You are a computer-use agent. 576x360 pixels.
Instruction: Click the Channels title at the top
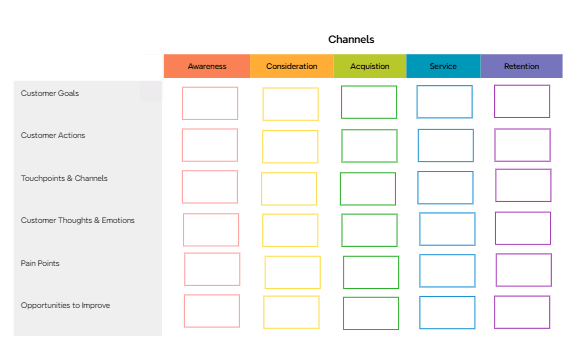coord(351,40)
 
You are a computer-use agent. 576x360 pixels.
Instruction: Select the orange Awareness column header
coord(207,66)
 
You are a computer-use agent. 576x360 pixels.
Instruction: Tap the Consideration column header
coord(291,66)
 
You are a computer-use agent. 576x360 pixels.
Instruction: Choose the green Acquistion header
coord(370,66)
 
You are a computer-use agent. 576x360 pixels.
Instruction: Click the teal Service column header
coord(443,66)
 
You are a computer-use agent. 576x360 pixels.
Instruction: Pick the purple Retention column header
coord(521,66)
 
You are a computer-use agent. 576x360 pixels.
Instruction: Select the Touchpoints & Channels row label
coord(64,178)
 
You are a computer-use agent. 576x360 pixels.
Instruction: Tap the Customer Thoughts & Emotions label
coord(77,220)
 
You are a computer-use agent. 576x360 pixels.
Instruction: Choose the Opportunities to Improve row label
coord(65,305)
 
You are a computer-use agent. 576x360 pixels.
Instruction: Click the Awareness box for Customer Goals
coord(210,103)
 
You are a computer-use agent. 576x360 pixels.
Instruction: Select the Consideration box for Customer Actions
coord(290,146)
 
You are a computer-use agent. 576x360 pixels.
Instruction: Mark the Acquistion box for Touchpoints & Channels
coord(368,188)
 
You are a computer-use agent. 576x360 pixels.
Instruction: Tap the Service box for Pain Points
coord(447,270)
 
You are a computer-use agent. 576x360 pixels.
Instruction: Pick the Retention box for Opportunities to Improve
coord(522,311)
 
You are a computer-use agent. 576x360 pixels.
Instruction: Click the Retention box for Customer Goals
coord(522,101)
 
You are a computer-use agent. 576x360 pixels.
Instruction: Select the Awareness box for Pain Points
coord(212,269)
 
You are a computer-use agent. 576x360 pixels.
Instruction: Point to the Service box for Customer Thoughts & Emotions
coord(447,228)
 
